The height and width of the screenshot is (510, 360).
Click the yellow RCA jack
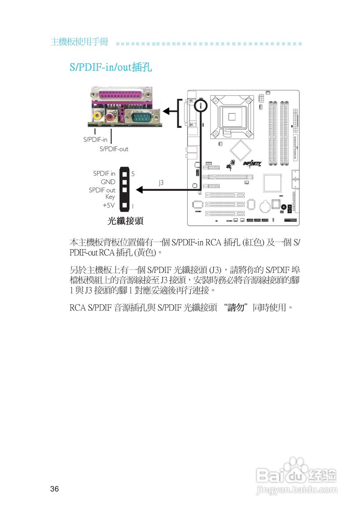pos(97,116)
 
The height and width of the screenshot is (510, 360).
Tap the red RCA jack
pos(110,116)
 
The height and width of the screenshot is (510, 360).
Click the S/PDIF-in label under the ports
pos(95,140)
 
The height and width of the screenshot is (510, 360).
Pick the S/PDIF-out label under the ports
pos(114,149)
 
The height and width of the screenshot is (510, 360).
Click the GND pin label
pos(108,182)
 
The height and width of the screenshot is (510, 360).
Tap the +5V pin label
pos(108,206)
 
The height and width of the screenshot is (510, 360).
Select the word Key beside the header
pos(110,197)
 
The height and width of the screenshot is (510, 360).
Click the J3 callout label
pos(161,182)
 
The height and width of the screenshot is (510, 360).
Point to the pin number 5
pos(133,174)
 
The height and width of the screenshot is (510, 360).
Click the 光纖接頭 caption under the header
pos(125,221)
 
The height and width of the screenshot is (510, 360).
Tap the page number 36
pos(55,489)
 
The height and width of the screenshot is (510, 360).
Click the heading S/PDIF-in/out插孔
pos(111,67)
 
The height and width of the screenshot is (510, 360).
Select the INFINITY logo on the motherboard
pos(252,163)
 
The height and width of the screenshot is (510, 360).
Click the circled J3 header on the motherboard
pos(201,106)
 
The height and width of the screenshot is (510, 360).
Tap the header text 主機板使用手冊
pos(79,42)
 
